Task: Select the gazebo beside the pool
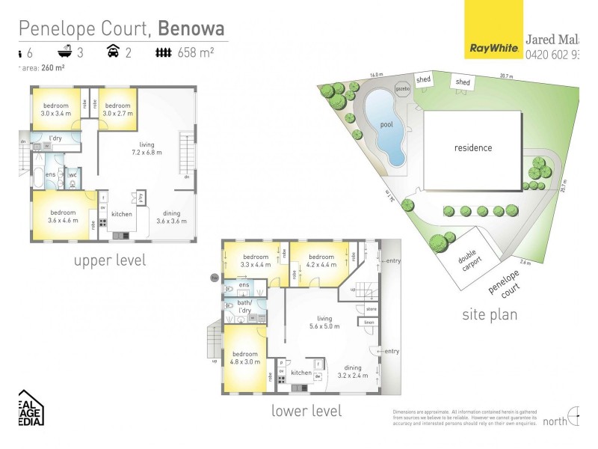coord(402,88)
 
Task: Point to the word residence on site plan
coord(473,147)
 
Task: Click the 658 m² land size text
coord(196,52)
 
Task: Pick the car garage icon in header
coord(113,52)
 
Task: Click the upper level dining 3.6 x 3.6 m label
coord(168,218)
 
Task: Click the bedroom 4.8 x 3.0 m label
coord(245,358)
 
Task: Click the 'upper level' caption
coord(110,260)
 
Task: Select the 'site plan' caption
coord(490,314)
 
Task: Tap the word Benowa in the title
coord(193,28)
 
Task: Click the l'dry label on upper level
coord(55,138)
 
